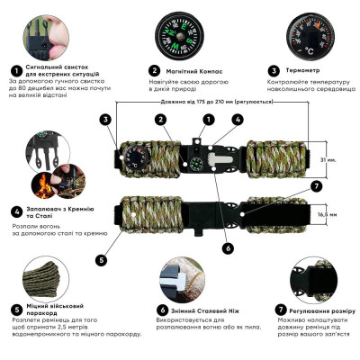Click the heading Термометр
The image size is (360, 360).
[307, 69]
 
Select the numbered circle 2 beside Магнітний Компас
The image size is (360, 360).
[155, 69]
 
